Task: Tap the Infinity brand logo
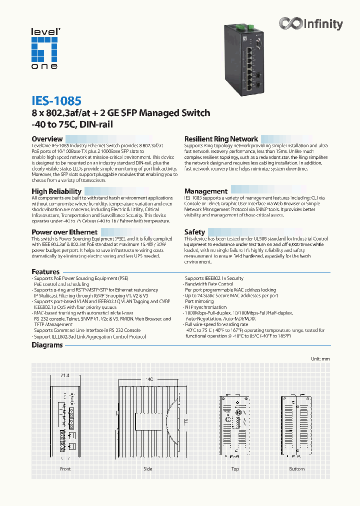pos(311,23)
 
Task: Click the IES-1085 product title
pos(56,101)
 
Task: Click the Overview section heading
pos(47,139)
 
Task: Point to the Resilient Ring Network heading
pos(221,139)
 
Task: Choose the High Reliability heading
pos(56,191)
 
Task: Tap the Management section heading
pos(205,191)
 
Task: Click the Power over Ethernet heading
pos(64,232)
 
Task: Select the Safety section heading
pos(194,232)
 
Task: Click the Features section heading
pos(45,272)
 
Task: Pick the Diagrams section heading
pos(47,345)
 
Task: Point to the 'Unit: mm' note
pos(320,359)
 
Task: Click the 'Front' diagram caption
pos(65,469)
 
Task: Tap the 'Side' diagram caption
pos(148,469)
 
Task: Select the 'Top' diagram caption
pos(235,469)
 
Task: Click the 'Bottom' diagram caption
pos(296,469)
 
